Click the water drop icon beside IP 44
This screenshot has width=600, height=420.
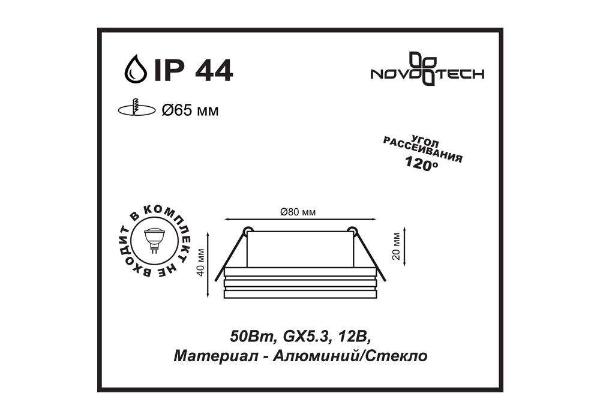[136, 69]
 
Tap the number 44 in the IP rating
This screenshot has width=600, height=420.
[214, 70]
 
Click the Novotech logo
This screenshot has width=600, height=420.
[427, 69]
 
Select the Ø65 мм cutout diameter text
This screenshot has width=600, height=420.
[190, 110]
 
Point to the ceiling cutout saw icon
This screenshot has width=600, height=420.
[137, 108]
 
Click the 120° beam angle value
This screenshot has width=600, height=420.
[421, 164]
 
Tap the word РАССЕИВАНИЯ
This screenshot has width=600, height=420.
[423, 150]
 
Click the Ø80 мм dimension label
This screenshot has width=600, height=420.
[298, 212]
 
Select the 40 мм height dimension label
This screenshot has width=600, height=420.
[200, 262]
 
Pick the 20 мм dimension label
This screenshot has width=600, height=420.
[396, 247]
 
